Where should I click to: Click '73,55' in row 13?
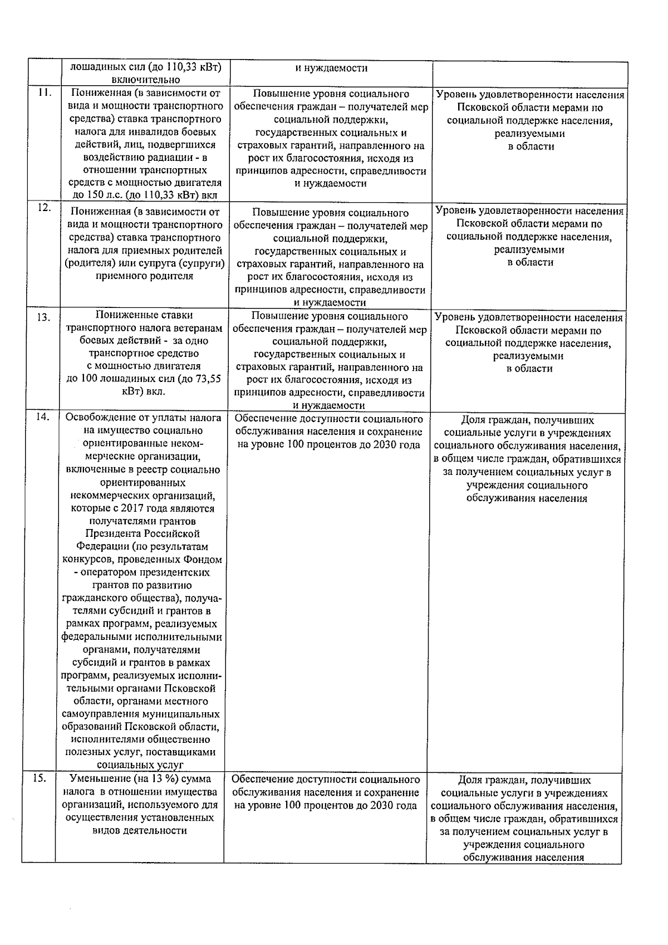coord(208,379)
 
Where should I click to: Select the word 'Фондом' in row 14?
coord(202,560)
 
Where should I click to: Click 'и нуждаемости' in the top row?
coord(331,68)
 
